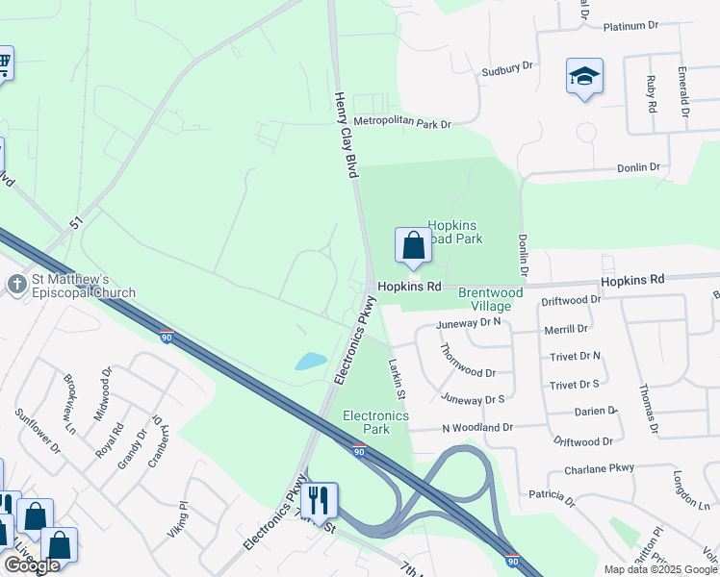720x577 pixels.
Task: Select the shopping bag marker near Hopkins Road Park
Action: pos(413,245)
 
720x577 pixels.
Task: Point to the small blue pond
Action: pos(310,362)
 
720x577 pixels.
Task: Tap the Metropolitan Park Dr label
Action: pos(401,123)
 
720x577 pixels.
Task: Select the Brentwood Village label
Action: pos(490,299)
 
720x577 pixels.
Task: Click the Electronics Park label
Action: pos(376,422)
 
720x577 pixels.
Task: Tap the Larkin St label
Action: pos(397,375)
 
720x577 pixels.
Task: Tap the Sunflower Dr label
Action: pos(39,430)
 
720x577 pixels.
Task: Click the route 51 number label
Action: pos(76,223)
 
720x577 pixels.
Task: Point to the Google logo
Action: pos(32,565)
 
